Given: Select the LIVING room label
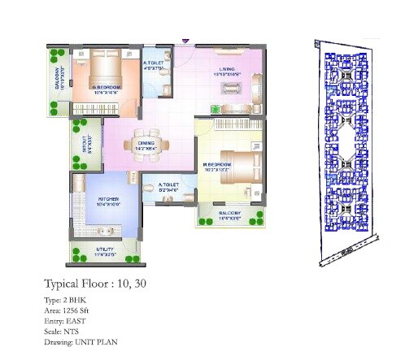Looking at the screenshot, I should pyautogui.click(x=228, y=70).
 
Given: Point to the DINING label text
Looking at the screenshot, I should pyautogui.click(x=146, y=144).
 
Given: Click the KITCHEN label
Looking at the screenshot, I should pyautogui.click(x=109, y=198).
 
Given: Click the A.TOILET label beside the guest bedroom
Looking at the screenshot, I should pyautogui.click(x=155, y=64).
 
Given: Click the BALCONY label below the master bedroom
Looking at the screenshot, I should pyautogui.click(x=231, y=215).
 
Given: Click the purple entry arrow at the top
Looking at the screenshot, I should pyautogui.click(x=186, y=40).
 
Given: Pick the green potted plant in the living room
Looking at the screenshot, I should pyautogui.click(x=215, y=107).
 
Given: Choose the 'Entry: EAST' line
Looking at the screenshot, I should pyautogui.click(x=67, y=321).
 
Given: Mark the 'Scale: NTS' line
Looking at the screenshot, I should pyautogui.click(x=64, y=332).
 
